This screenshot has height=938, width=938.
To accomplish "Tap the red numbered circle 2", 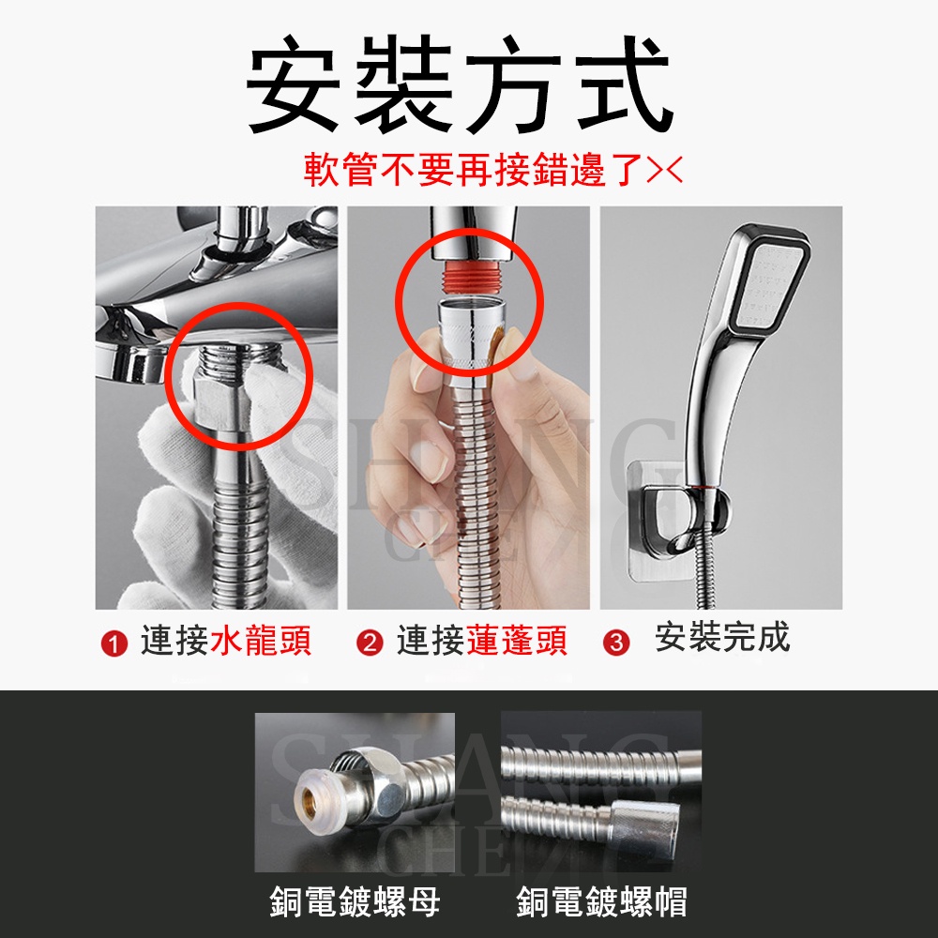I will [x=371, y=644].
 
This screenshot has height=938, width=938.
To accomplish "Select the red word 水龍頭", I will [x=261, y=642].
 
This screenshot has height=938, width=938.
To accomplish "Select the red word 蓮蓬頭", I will [x=517, y=642].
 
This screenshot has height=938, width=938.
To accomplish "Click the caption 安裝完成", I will [x=722, y=638].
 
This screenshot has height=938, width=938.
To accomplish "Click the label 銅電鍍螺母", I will [x=355, y=902].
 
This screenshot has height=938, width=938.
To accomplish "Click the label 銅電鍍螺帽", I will [x=601, y=902].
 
